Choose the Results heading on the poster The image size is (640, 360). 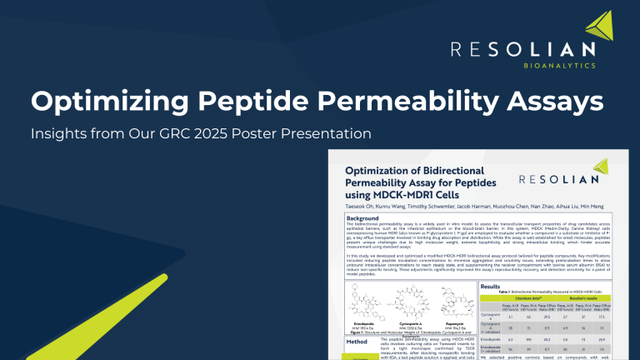pos(495,285)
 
